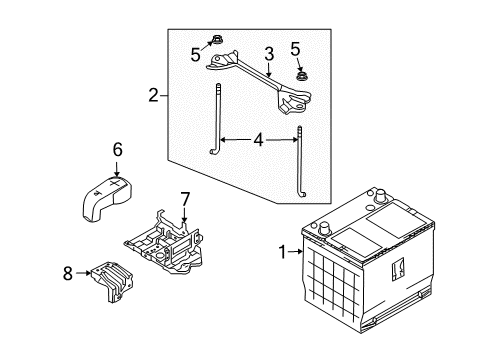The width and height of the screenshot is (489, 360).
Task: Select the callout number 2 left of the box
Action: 153,96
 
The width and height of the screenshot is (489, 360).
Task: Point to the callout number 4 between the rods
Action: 258,141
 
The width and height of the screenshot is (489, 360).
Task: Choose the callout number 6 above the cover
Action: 117,149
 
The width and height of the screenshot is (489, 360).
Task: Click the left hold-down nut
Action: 216,41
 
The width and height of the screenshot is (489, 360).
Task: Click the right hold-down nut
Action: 301,74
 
